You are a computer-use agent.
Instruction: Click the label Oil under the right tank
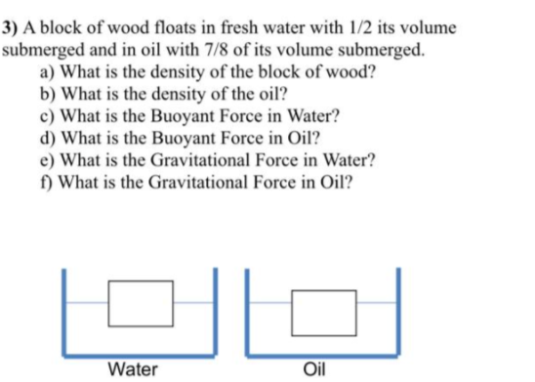pyautogui.click(x=315, y=368)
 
